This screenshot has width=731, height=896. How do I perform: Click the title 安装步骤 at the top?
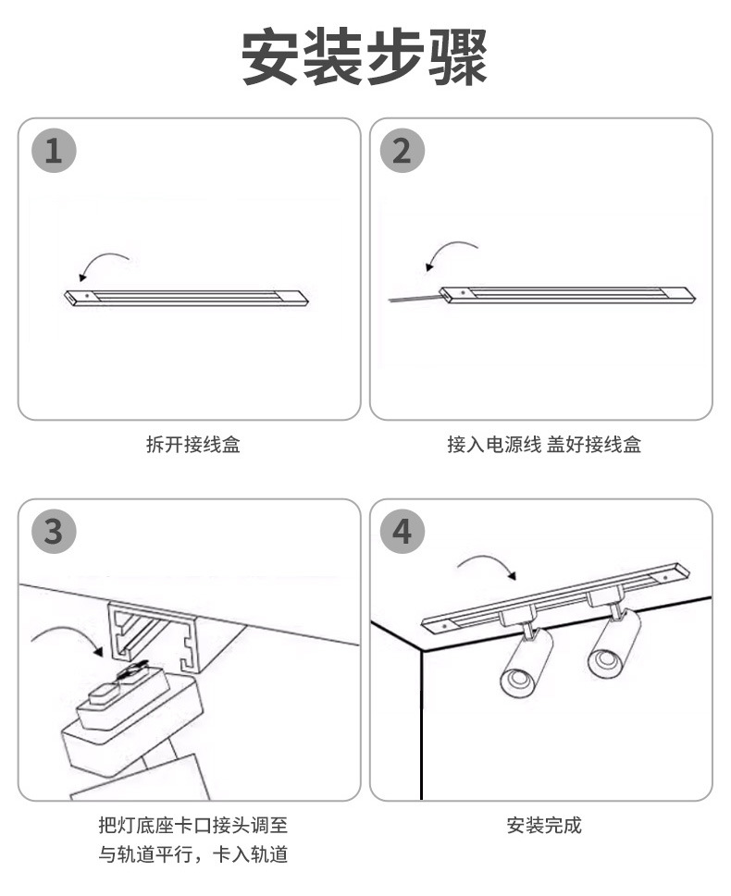(x=365, y=57)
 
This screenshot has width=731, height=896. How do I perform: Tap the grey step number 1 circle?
(x=54, y=151)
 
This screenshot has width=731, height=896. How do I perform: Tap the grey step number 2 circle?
(x=402, y=151)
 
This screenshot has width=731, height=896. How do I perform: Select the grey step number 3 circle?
(x=54, y=532)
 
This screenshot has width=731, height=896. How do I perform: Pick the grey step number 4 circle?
(x=402, y=532)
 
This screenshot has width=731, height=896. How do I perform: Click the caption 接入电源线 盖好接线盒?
(x=544, y=445)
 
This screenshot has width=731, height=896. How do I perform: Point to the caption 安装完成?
(x=544, y=826)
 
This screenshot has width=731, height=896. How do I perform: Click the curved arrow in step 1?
(x=102, y=263)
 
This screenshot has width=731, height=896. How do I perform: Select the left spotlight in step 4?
(x=527, y=660)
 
